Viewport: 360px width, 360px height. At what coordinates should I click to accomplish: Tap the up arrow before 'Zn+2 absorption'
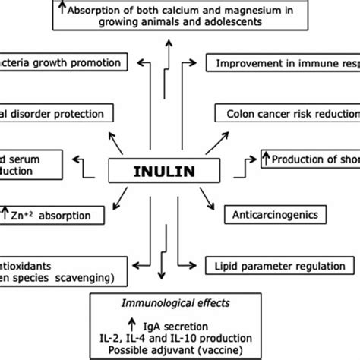(x=6, y=215)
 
